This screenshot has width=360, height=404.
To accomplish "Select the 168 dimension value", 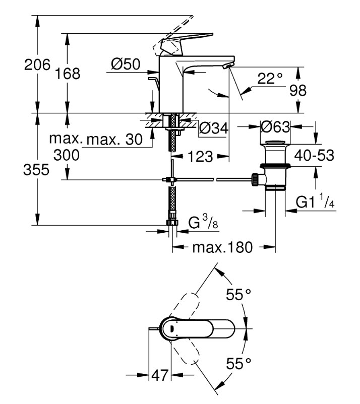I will tap(69, 74).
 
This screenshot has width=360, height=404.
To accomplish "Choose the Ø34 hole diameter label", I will tap(214, 128).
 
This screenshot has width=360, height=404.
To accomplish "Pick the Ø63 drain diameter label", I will tap(275, 125).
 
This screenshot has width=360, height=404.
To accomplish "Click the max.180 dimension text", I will tap(224, 247).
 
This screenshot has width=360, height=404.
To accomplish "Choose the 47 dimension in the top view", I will tap(160, 375).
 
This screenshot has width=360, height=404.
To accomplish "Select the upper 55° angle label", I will tap(238, 295).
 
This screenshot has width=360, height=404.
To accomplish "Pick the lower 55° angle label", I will tap(238, 363).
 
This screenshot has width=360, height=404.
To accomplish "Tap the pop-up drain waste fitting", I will tap(274, 166).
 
